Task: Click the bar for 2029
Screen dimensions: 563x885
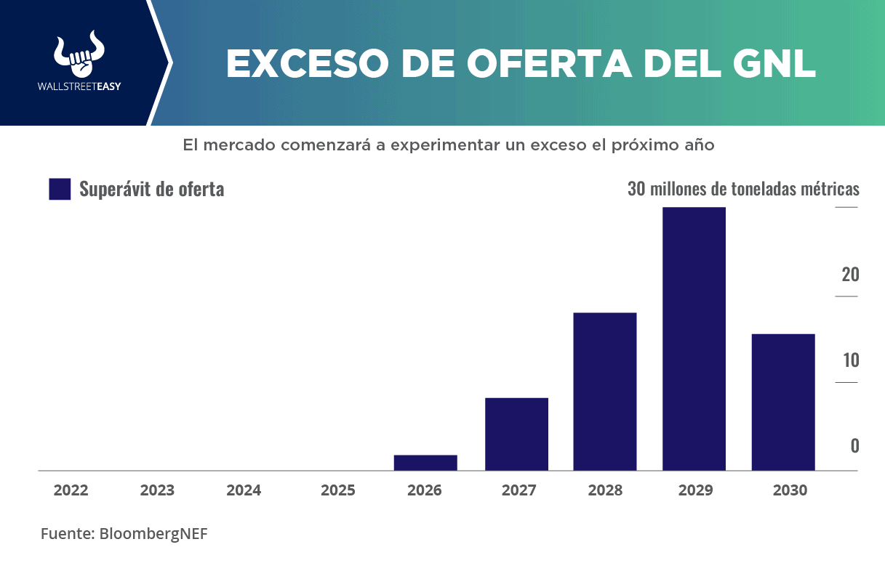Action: tap(694, 339)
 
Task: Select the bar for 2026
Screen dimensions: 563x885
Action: tap(425, 463)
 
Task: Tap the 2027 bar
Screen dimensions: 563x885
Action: tap(516, 434)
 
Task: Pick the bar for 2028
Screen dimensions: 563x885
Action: tap(605, 392)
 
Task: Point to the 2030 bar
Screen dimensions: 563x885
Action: tap(783, 402)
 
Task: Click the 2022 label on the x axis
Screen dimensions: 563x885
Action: tap(71, 490)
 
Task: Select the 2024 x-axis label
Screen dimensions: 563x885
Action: tap(244, 490)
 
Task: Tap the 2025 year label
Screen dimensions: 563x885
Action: tap(338, 490)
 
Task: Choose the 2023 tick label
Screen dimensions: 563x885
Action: tap(157, 490)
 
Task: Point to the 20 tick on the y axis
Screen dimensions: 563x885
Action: tap(850, 275)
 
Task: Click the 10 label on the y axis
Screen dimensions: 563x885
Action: tap(850, 360)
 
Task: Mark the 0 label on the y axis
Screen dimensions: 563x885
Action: tap(854, 446)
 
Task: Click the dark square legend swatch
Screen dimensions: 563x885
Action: tap(60, 189)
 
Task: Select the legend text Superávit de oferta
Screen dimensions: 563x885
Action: tap(151, 189)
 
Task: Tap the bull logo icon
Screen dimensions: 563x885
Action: tap(79, 54)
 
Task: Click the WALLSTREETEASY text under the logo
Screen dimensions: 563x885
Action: tap(79, 86)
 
